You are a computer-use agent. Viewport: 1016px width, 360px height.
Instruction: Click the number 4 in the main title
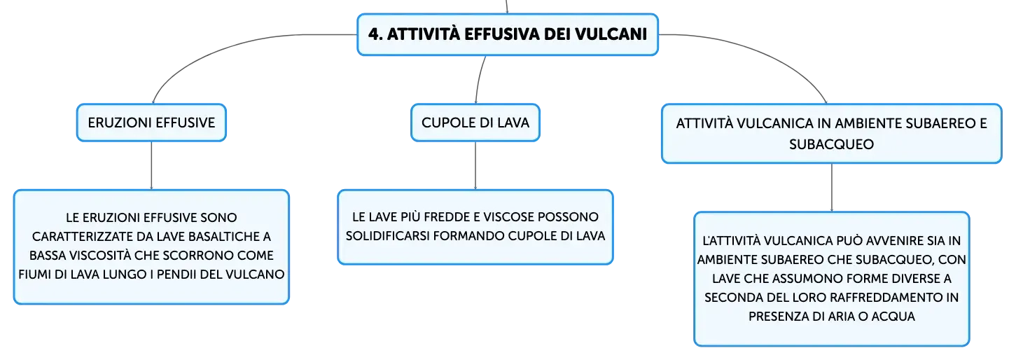[373, 34]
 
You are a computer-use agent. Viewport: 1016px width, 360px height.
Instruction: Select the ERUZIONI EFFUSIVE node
[151, 123]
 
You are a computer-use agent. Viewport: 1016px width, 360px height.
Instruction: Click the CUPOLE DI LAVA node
[475, 123]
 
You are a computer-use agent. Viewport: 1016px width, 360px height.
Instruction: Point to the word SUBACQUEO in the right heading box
[831, 144]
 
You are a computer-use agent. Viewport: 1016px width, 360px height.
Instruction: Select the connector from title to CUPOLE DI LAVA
[480, 79]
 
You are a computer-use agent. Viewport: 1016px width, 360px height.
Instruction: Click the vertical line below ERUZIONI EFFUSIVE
[151, 165]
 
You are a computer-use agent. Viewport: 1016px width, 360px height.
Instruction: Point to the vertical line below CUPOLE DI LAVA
[475, 165]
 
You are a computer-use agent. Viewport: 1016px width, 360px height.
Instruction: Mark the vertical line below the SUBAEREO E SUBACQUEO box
[832, 187]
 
